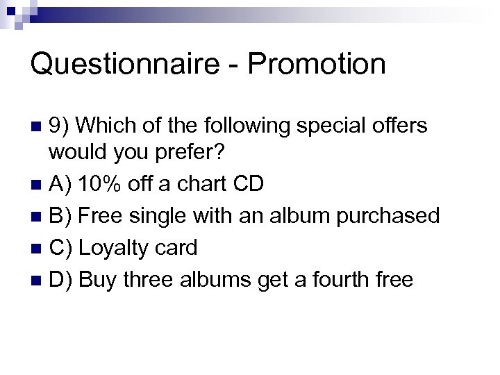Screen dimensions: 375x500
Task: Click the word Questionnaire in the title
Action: [124, 64]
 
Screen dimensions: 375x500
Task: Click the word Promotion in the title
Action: [316, 64]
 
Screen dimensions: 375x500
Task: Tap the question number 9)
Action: [60, 126]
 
